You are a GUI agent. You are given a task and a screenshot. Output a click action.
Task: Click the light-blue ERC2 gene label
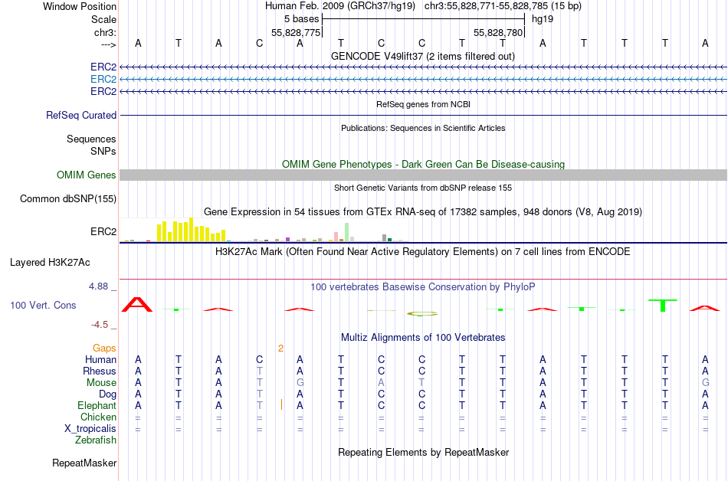103,79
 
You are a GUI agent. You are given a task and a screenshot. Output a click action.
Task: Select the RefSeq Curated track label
81,115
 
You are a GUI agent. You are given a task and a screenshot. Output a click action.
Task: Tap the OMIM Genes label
87,175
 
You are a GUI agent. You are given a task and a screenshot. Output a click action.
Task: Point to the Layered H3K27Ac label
50,262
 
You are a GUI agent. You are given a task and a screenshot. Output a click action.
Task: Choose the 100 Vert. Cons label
43,305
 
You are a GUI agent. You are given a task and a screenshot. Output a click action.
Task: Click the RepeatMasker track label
84,463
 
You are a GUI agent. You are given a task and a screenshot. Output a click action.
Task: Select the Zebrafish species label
96,440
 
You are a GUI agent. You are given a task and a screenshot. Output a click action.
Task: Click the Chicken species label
98,417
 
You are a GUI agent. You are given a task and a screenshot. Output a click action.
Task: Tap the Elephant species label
97,406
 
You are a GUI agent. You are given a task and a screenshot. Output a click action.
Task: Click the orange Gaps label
104,348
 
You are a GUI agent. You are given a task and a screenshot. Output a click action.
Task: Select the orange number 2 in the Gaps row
280,348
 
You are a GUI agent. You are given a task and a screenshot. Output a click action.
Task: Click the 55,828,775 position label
296,33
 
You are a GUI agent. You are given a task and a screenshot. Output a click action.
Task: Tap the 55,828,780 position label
498,33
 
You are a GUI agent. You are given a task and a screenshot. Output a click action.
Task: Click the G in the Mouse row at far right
705,383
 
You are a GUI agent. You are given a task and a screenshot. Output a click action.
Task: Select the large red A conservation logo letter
138,304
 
